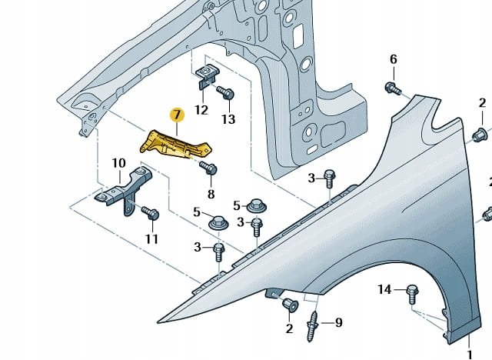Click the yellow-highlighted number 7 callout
178,116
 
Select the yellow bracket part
176,145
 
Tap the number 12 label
201,110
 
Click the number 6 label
393,60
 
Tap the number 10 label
118,163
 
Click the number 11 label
151,238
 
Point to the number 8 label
211,194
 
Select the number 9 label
338,322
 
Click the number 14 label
385,289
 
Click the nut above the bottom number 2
291,305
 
